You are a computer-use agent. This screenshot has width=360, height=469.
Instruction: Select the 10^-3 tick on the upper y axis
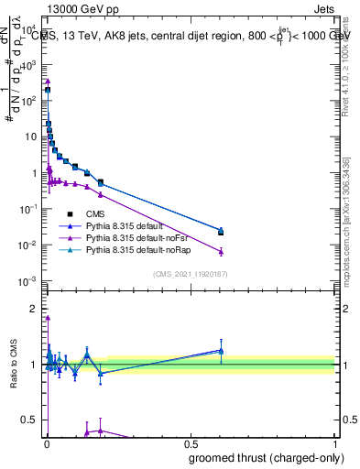31,280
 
